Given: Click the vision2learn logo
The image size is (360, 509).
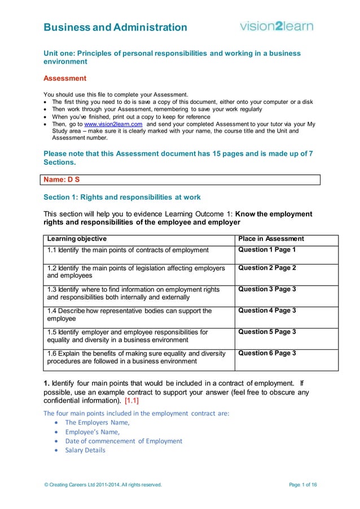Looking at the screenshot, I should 276,26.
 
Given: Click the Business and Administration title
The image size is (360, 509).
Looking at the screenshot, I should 116,27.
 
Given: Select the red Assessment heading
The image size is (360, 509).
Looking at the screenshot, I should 65,78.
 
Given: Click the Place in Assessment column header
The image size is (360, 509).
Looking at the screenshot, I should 271,239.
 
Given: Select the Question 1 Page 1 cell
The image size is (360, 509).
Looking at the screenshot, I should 267,249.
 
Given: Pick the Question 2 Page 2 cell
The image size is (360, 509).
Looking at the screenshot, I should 267,268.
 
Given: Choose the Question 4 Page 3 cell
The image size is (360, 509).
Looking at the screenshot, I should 267,311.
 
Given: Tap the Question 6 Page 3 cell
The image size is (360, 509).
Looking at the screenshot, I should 267,353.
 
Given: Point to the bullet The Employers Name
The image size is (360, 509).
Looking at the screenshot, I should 97,422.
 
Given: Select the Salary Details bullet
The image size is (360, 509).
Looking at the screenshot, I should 85,450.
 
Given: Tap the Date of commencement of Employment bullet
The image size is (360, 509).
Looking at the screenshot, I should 124,441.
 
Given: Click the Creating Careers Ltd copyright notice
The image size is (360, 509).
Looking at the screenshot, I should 103,485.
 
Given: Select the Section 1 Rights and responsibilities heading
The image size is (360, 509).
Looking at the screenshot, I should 122,198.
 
